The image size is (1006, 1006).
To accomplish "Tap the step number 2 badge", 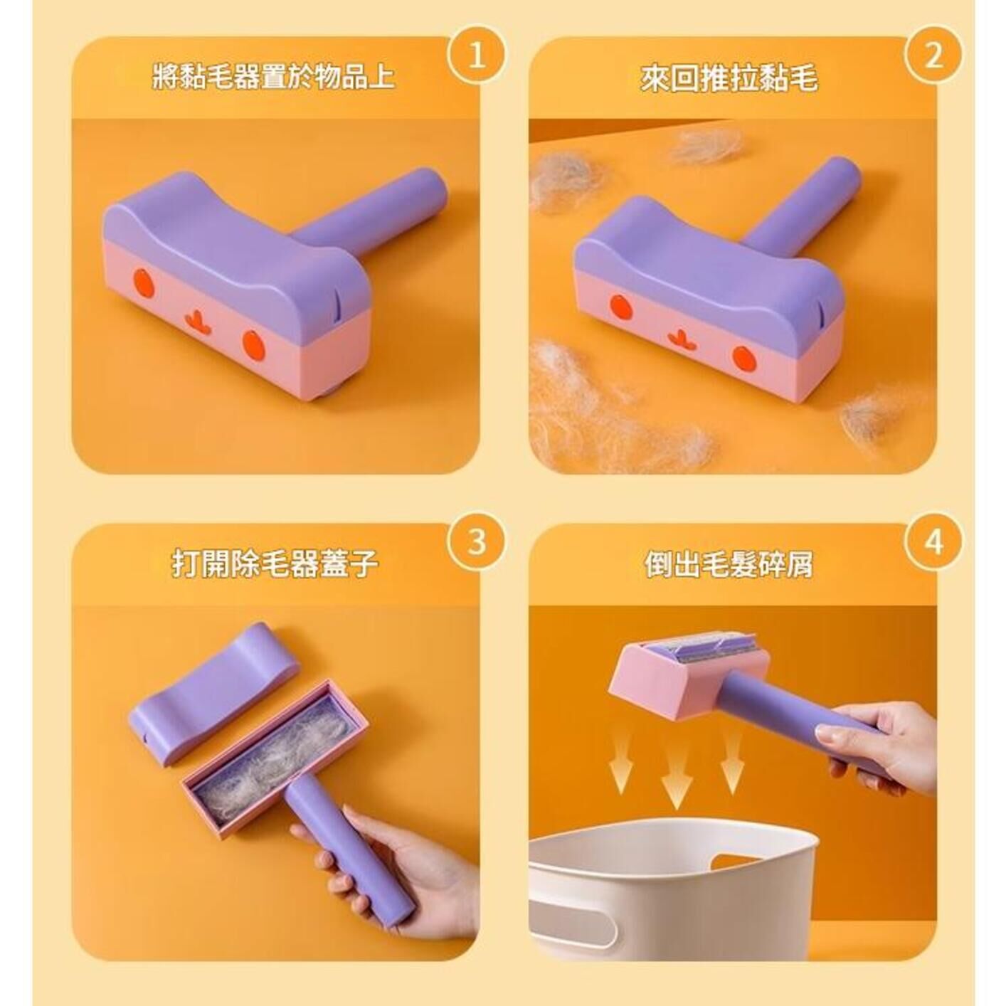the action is coord(933,57).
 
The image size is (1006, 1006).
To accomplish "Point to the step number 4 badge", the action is coord(933,543).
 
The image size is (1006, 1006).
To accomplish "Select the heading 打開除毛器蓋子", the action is coord(275,563).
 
